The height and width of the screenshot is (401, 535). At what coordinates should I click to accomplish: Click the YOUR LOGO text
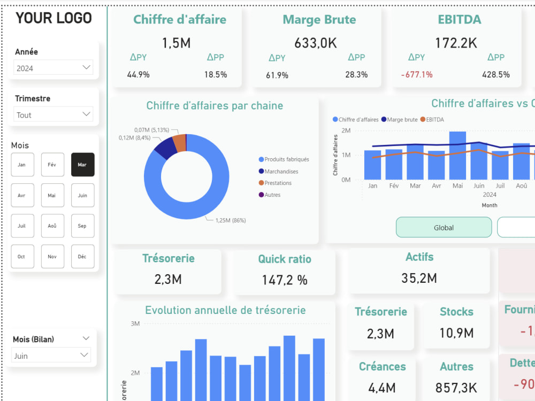(53, 18)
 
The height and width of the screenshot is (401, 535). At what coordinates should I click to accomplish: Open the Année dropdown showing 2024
(53, 68)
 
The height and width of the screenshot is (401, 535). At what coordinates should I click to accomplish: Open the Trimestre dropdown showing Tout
(53, 114)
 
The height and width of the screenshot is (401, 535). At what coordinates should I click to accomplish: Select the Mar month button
(82, 165)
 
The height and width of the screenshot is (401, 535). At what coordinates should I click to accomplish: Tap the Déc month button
(82, 257)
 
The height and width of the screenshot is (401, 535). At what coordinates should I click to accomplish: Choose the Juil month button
(22, 226)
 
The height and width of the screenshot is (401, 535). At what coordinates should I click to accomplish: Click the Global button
(444, 227)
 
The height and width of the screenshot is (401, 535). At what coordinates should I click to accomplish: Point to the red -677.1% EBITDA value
(417, 75)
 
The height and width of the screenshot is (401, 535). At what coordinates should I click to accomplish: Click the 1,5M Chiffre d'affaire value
(177, 43)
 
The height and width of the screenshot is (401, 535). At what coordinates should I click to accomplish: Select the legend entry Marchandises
(281, 172)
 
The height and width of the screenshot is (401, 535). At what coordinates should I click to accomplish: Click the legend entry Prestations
(278, 183)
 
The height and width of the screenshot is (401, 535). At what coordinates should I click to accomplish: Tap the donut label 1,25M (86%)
(231, 220)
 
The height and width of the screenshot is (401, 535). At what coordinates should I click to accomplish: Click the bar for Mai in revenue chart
(457, 155)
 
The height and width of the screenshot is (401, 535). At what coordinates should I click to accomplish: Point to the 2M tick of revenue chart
(346, 130)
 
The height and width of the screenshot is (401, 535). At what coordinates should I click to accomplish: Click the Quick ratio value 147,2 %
(285, 280)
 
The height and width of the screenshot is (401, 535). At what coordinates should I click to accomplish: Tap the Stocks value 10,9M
(456, 333)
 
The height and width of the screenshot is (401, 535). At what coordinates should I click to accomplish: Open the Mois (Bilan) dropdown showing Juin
(51, 356)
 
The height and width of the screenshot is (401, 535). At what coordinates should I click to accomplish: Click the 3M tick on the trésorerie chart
(135, 323)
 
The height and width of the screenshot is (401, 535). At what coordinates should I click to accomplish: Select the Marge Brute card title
(319, 20)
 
